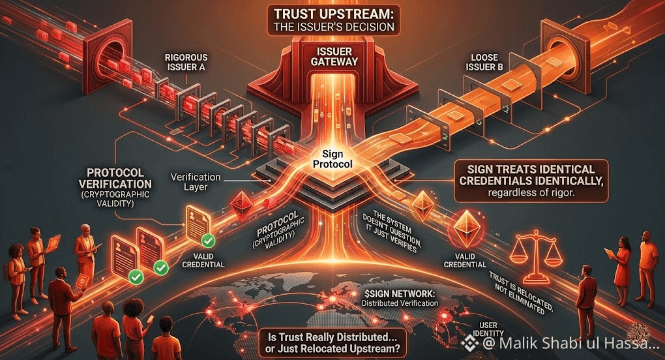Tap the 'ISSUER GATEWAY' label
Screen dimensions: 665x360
coord(333,56)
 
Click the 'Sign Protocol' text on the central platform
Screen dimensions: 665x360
coord(333,159)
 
